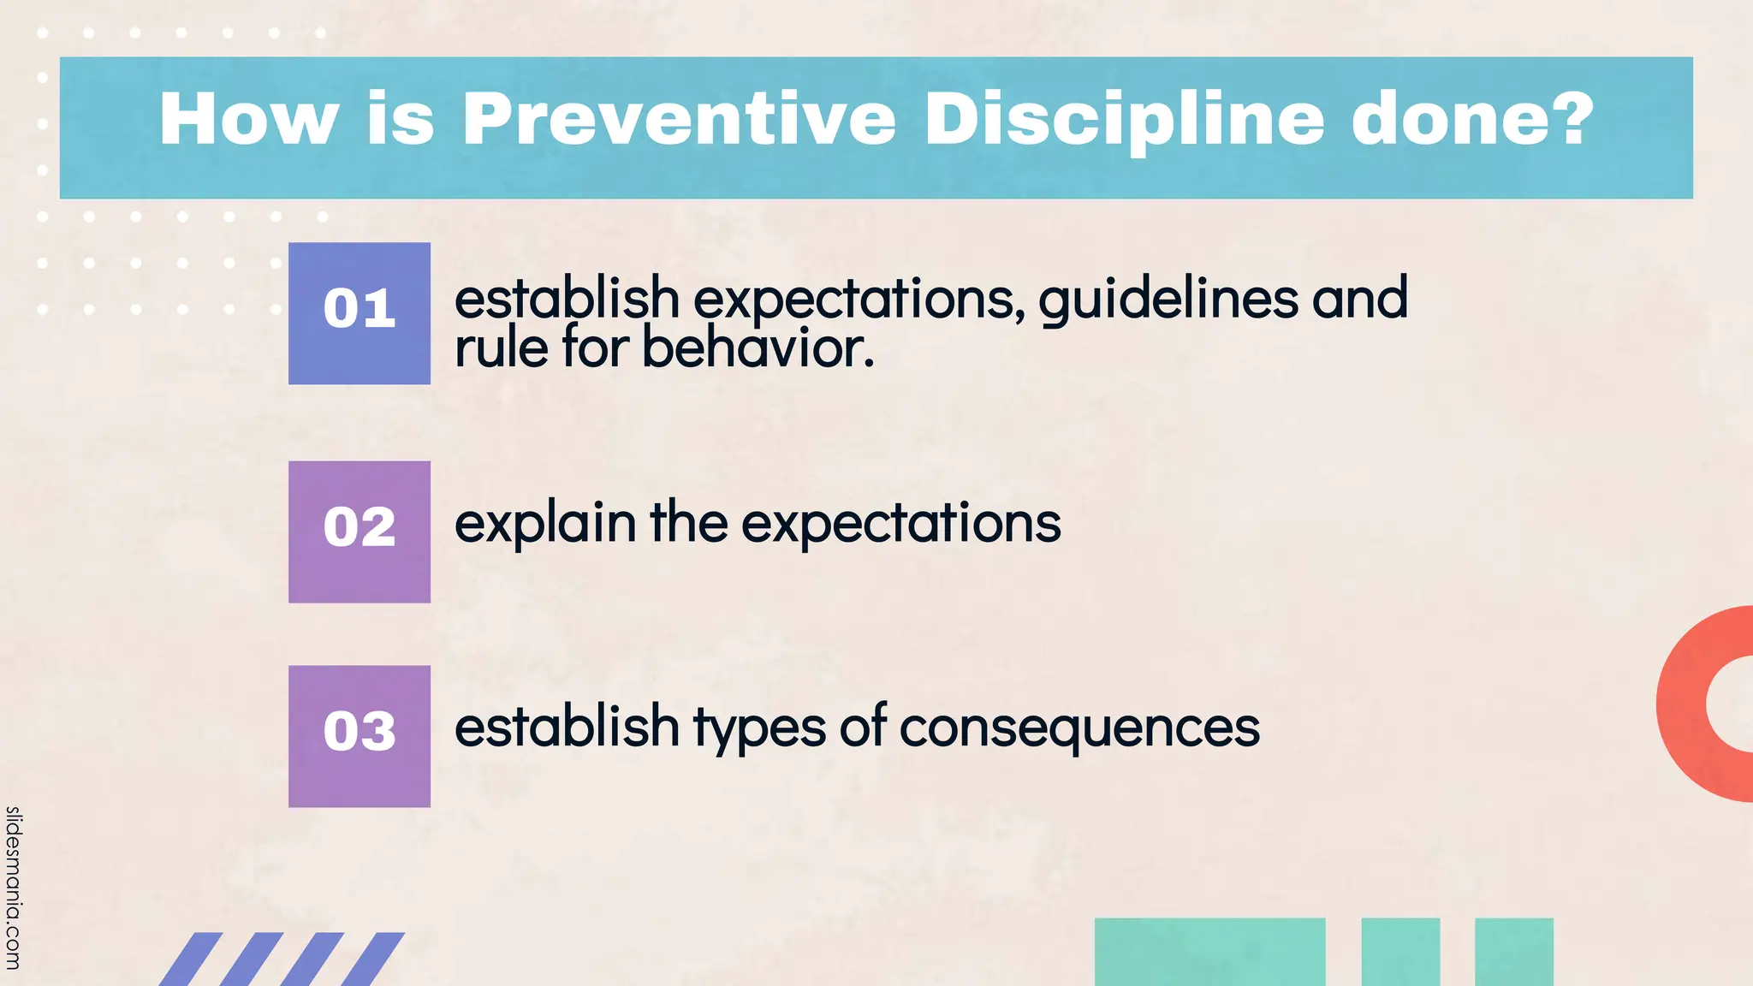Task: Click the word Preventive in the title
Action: pos(679,120)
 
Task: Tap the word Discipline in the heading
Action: pos(1124,120)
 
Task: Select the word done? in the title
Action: pos(1472,120)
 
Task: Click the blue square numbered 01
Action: pos(360,313)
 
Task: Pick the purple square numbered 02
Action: pos(360,532)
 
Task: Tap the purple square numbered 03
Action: pos(360,736)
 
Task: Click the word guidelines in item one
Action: pos(1168,300)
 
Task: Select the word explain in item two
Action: pos(545,524)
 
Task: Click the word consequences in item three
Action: pos(1079,728)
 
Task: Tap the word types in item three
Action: pos(759,728)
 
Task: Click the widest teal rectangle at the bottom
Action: pos(1209,952)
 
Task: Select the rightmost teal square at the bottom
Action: pos(1513,952)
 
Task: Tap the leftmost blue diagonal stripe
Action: pos(190,959)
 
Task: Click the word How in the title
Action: pos(248,120)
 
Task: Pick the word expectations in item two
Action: pos(900,524)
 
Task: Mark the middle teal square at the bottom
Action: pos(1400,952)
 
